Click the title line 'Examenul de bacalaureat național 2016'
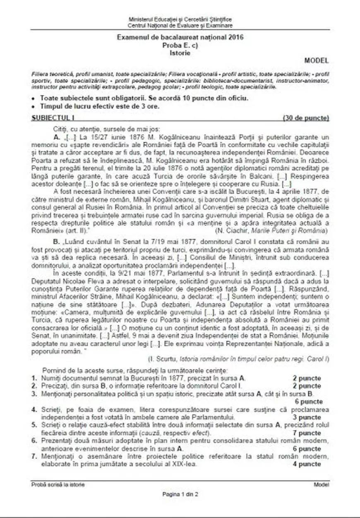[x=180, y=38]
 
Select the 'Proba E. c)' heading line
[x=180, y=45]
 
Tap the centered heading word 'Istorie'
[x=180, y=52]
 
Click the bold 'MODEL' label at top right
[x=317, y=60]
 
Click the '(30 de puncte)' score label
[x=306, y=118]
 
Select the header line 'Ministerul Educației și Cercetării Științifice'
[x=180, y=19]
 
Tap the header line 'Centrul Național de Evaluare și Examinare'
[x=180, y=25]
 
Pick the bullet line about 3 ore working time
[x=99, y=106]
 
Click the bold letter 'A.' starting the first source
[x=57, y=137]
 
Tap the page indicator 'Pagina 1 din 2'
[x=180, y=494]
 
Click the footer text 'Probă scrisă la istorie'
[x=55, y=484]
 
